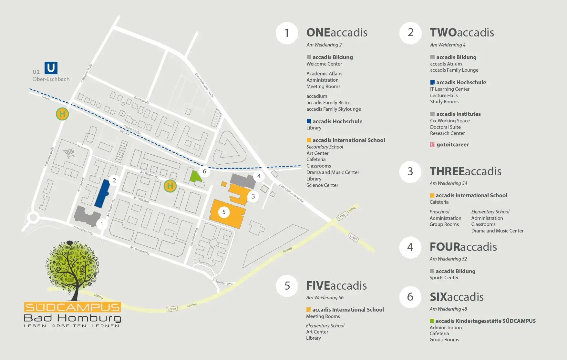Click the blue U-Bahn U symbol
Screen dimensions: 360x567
coord(51,68)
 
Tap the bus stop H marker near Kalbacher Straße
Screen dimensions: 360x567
coord(62,114)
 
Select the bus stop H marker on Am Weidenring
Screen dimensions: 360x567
coord(170,186)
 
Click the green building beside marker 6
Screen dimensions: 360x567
coord(194,176)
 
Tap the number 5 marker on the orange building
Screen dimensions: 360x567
coord(224,212)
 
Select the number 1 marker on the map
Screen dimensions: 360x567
coord(102,224)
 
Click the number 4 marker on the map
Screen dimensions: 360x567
coord(259,176)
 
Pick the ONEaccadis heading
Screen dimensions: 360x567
coord(336,33)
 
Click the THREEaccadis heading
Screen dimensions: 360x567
coord(465,171)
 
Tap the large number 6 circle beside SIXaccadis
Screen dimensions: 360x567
coord(410,297)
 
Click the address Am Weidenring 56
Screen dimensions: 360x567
coord(325,298)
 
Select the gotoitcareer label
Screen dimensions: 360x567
coord(452,145)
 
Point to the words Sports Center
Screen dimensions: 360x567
coord(444,278)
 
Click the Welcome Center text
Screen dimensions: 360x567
coord(324,64)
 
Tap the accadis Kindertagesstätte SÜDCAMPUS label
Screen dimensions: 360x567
coord(485,321)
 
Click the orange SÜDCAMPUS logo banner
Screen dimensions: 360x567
coord(73,307)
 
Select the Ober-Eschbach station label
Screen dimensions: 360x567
coord(51,79)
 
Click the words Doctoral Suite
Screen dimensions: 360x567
coord(445,127)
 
